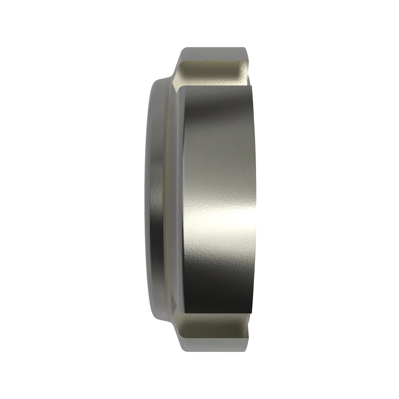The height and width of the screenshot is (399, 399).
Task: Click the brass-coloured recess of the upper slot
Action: coord(213,71)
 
